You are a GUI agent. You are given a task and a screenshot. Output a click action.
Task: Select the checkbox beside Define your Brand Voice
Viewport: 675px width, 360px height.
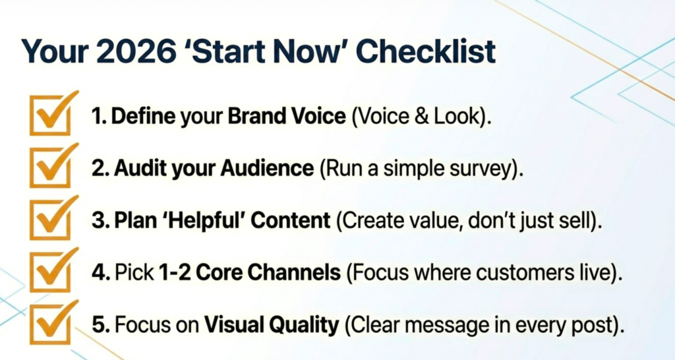point(51,114)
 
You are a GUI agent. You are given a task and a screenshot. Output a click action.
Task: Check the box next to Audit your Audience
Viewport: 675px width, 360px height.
point(51,167)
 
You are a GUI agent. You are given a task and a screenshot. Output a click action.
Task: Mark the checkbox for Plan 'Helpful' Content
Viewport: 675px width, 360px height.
point(51,219)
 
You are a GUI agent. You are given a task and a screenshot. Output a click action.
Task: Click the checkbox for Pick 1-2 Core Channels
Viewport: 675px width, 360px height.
point(51,271)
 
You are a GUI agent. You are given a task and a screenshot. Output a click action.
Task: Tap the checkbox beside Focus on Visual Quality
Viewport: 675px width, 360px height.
point(51,323)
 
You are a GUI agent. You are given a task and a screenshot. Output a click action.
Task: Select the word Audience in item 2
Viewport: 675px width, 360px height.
point(268,168)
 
